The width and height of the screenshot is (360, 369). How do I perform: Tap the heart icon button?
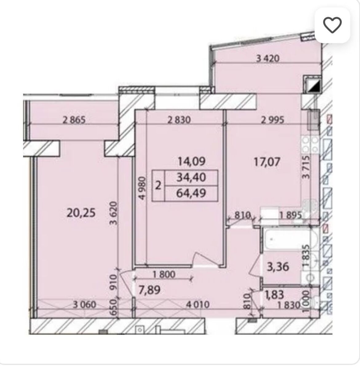[x=332, y=26]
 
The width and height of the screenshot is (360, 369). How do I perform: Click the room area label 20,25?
[x=81, y=213]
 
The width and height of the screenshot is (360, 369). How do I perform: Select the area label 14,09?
[x=192, y=161]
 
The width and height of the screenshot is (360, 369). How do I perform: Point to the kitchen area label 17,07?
[x=267, y=162]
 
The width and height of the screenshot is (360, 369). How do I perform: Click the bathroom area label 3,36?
[x=278, y=267]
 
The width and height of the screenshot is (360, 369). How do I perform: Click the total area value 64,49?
[x=191, y=193]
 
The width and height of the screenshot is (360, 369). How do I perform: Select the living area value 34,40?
[x=191, y=178]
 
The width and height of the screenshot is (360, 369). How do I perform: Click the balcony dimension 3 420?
[x=268, y=58]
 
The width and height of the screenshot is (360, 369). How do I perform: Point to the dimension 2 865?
[x=74, y=120]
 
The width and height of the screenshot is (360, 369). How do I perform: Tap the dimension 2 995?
[x=273, y=120]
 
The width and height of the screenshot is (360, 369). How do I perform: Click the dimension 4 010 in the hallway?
[x=198, y=305]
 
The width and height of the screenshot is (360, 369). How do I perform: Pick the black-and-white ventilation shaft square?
[x=313, y=85]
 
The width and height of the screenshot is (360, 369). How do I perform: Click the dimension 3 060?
[x=85, y=305]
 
